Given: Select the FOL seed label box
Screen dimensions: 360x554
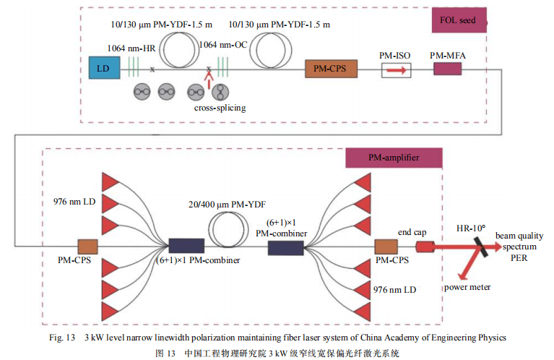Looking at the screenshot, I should pos(458,20).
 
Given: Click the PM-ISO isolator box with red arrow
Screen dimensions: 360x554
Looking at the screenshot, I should pos(394,70).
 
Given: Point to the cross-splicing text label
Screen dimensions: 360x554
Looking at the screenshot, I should pos(220,108).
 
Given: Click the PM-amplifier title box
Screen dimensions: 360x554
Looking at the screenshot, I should pos(393,157).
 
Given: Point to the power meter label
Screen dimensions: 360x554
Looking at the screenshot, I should pos(467,287).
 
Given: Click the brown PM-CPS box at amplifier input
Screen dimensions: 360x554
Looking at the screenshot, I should pos(87,247).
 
